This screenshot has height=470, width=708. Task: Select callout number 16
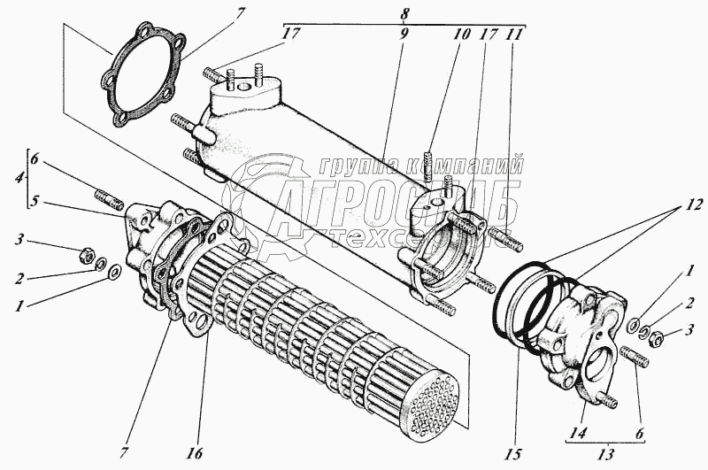tap(196, 453)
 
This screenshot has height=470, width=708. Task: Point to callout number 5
tap(35, 202)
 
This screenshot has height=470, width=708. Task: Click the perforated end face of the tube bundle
tap(427, 412)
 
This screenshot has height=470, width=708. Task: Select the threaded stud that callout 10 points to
tap(427, 166)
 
